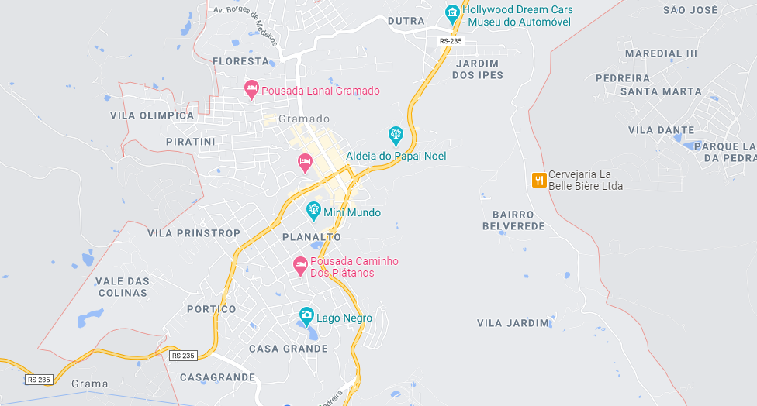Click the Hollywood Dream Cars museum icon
pyautogui.click(x=452, y=13)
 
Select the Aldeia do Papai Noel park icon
pyautogui.click(x=396, y=136)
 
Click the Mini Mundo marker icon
pyautogui.click(x=313, y=209)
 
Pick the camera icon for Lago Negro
pyautogui.click(x=306, y=315)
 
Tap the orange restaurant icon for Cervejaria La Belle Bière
pyautogui.click(x=538, y=180)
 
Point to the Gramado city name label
pyautogui.click(x=303, y=119)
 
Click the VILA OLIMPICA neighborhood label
pyautogui.click(x=152, y=115)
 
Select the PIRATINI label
pyautogui.click(x=190, y=142)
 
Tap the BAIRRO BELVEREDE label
pyautogui.click(x=513, y=220)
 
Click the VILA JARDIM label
pyautogui.click(x=513, y=322)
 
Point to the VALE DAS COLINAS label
pyautogui.click(x=123, y=287)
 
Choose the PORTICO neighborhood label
pyautogui.click(x=211, y=309)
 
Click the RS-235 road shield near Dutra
pyautogui.click(x=450, y=41)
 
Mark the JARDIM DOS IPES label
pyautogui.click(x=477, y=69)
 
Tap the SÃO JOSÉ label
pyautogui.click(x=690, y=10)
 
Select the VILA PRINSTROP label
pyautogui.click(x=193, y=233)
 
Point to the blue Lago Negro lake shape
pyautogui.click(x=310, y=333)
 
